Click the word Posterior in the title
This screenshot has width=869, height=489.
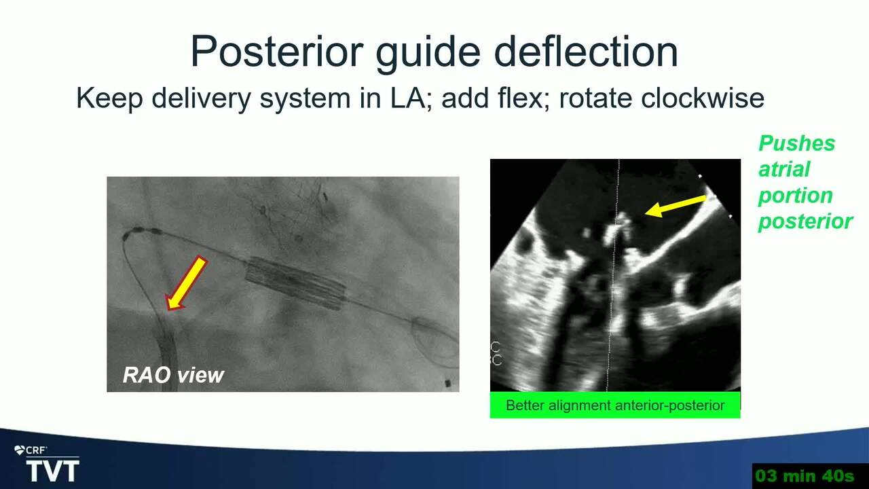277,52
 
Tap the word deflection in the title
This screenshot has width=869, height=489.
586,52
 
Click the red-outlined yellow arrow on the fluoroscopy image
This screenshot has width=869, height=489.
186,283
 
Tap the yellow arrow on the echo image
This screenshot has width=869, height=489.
676,206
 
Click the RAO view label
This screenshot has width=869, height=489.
173,375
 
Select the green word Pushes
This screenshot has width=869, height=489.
796,143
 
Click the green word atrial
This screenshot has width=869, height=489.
784,169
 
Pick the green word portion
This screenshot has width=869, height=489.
795,196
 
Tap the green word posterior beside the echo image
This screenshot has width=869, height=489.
805,222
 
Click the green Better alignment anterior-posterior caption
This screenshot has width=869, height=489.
615,405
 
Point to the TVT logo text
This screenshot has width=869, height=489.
53,471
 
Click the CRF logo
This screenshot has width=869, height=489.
31,450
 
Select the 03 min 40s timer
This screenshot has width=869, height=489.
805,475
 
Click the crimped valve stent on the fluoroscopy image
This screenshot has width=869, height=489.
295,283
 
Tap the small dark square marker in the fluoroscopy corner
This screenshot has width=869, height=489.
448,384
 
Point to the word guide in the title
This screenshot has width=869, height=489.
428,52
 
